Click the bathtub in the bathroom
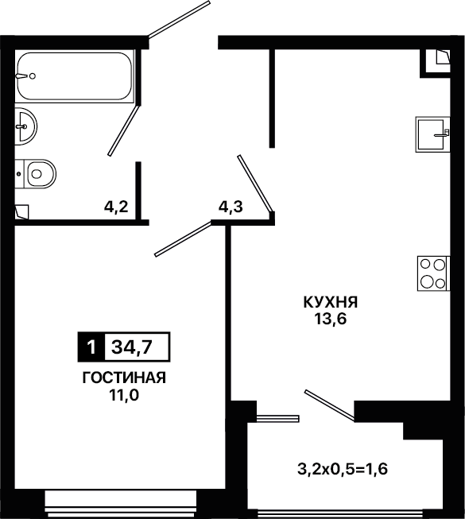click(x=75, y=76)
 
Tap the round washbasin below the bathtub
click(x=25, y=126)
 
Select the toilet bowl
click(x=36, y=174)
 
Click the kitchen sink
click(x=432, y=134)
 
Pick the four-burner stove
click(x=433, y=273)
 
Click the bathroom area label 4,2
click(x=116, y=207)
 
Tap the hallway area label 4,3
click(x=231, y=207)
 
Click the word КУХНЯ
click(x=331, y=302)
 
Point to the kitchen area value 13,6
click(x=331, y=319)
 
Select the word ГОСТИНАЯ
click(x=124, y=378)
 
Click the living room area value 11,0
click(x=124, y=395)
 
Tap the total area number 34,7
click(x=132, y=347)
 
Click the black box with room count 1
click(x=91, y=347)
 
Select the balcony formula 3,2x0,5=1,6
click(x=343, y=469)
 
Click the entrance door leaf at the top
click(x=179, y=19)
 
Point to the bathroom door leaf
click(x=124, y=130)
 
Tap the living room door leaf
click(x=183, y=239)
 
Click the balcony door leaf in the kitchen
click(x=330, y=406)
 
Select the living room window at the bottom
click(x=121, y=503)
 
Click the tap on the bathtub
click(x=25, y=76)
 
